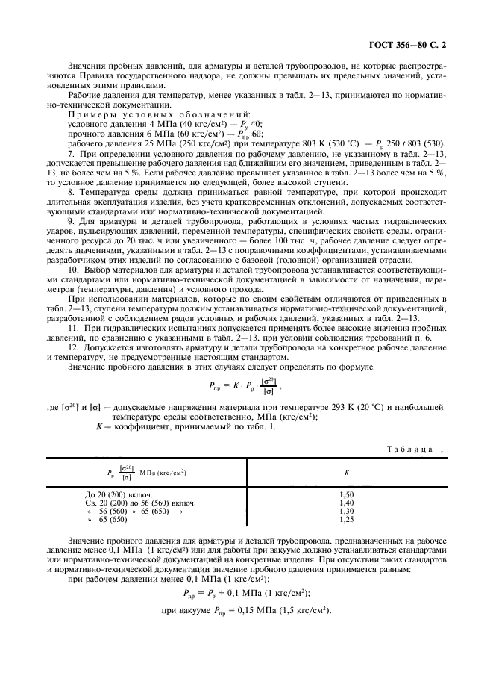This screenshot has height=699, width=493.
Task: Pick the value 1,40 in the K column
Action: tap(346, 503)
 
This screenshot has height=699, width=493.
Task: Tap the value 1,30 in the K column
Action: tap(346, 511)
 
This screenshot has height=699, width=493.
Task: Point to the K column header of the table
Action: tap(346, 473)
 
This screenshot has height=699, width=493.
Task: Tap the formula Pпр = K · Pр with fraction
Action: tap(245, 387)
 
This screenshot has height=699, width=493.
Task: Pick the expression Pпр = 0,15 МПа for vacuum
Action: tap(246, 610)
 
